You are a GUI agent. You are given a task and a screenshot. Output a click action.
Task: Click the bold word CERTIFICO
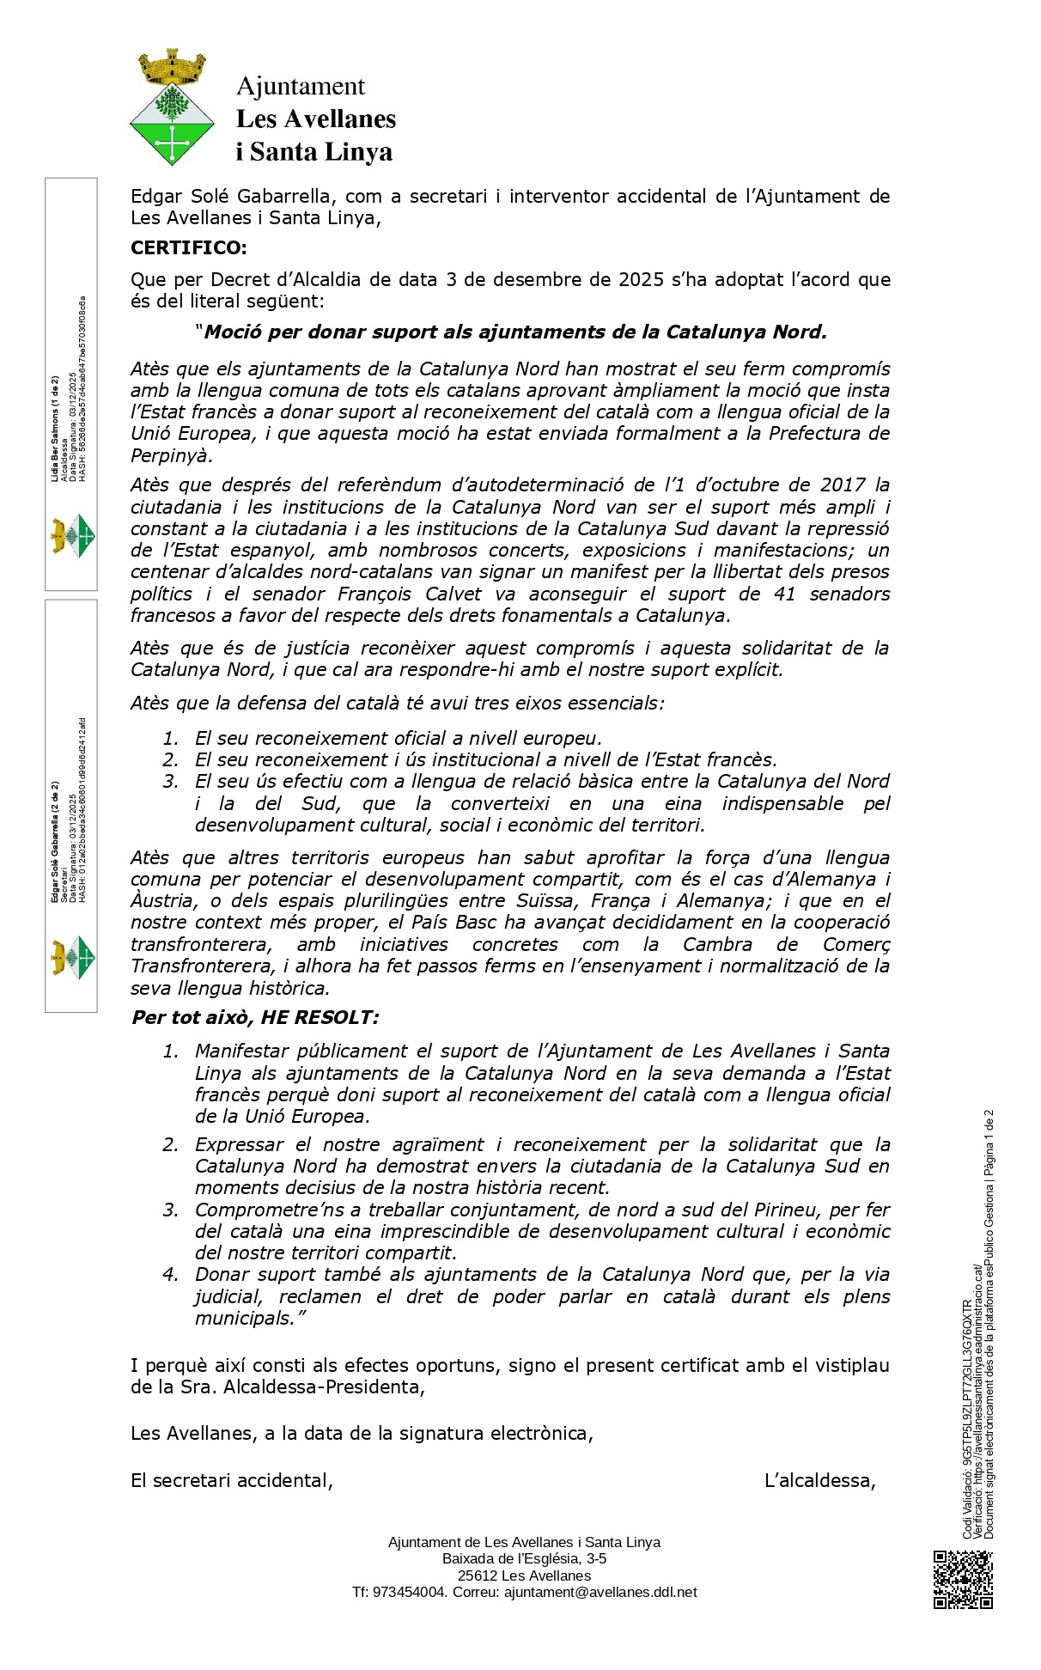188,248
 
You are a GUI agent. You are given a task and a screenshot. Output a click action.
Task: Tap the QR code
963,1579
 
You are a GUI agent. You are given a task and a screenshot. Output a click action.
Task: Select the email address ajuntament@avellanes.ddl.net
600,1592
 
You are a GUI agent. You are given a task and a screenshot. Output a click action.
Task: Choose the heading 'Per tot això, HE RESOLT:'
254,1018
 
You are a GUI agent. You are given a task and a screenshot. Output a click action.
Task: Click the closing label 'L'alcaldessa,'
819,1480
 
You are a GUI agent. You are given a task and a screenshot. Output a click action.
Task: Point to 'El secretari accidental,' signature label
232,1480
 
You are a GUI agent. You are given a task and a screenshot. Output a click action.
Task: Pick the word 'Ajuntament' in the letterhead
301,86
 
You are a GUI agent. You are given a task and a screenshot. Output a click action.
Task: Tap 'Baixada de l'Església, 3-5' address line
524,1558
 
